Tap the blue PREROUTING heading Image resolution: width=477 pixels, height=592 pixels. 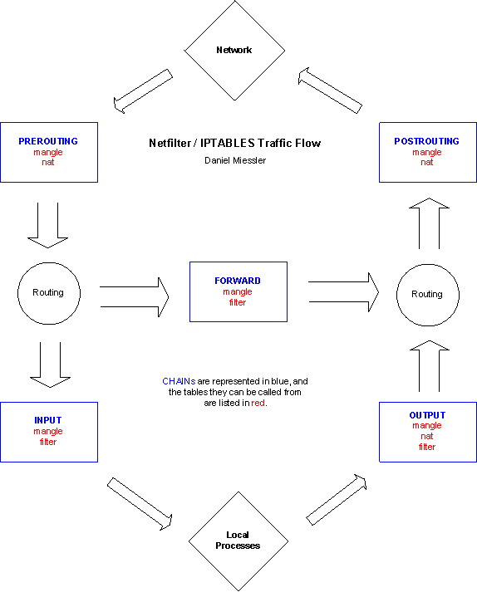[x=48, y=141]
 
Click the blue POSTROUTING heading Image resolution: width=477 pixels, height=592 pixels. [x=427, y=141]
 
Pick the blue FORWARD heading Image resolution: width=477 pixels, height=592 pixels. [x=238, y=281]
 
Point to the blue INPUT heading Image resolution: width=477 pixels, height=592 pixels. [x=48, y=420]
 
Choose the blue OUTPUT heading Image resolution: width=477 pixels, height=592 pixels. [x=427, y=415]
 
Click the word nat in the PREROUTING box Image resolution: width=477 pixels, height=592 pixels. [x=48, y=163]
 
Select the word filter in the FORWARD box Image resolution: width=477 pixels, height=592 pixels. [x=238, y=302]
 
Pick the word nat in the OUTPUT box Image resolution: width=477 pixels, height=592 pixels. [x=427, y=437]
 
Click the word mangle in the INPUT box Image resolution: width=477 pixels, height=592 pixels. [x=48, y=432]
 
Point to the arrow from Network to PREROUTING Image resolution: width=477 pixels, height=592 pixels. [x=143, y=91]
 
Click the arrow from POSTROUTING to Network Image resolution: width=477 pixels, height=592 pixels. [x=331, y=91]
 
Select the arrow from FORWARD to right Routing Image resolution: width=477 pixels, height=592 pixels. [x=343, y=292]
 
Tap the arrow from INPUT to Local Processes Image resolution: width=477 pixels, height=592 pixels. [x=140, y=504]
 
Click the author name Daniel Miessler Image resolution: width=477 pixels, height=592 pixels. [x=235, y=160]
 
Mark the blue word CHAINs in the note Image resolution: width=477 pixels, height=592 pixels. [x=179, y=381]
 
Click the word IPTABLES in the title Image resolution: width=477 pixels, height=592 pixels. [x=228, y=143]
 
